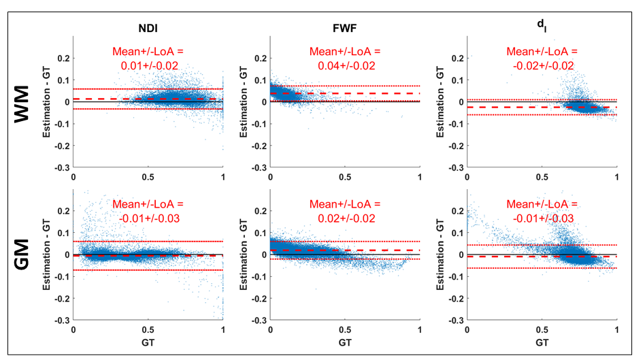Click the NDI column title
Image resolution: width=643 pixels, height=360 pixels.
[x=148, y=29]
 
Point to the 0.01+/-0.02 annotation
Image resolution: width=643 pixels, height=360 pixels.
[x=148, y=66]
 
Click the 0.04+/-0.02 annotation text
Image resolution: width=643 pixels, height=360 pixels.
[x=345, y=66]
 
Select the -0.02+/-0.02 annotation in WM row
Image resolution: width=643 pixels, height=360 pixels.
[x=542, y=66]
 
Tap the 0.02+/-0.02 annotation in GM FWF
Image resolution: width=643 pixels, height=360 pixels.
[x=345, y=218]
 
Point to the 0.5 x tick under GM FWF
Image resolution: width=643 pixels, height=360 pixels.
[x=345, y=329]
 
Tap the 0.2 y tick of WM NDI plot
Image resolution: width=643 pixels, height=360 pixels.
[x=63, y=58]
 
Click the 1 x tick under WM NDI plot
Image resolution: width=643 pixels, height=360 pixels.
[x=223, y=176]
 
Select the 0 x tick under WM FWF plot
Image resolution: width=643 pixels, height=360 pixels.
[x=271, y=176]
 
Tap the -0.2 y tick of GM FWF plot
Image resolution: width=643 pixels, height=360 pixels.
[x=257, y=299]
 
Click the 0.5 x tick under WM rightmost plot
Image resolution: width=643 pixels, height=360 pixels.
[x=542, y=176]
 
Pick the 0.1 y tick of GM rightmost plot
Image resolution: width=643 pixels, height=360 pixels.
[x=456, y=233]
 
